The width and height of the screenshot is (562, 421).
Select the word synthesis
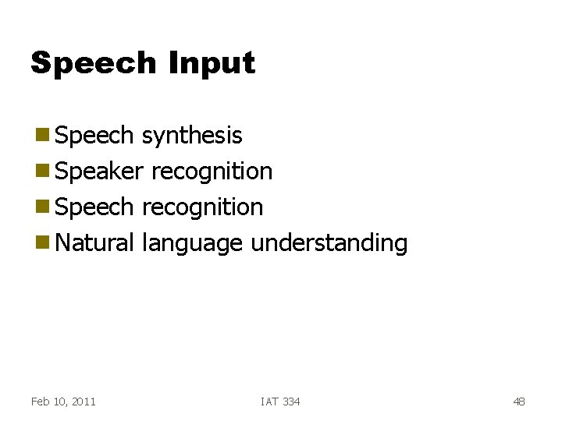click(192, 136)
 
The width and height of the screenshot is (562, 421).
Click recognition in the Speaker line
click(212, 172)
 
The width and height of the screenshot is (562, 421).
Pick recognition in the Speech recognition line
click(202, 207)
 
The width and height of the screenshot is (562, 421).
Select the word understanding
click(329, 243)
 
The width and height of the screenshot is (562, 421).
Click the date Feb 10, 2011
click(63, 402)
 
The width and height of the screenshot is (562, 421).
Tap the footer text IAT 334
click(280, 402)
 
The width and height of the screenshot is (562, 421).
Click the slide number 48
click(518, 402)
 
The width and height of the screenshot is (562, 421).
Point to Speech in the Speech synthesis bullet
click(96, 136)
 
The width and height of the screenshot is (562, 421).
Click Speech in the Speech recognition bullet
click(96, 207)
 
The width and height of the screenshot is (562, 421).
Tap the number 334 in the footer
click(290, 402)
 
